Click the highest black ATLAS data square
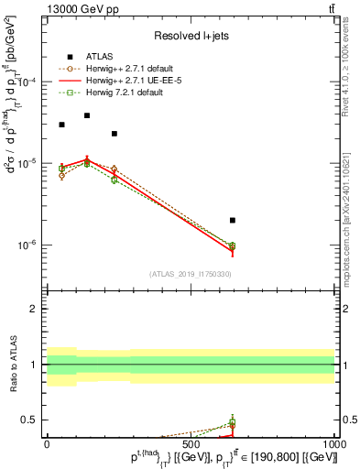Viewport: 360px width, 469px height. pos(87,115)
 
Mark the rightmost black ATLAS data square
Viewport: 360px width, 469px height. pos(233,220)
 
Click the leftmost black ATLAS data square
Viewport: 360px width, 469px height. pos(61,125)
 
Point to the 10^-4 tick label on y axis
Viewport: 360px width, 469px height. pos(25,82)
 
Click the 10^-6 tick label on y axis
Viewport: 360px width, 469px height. pos(25,245)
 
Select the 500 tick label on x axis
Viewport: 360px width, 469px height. pos(191,444)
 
